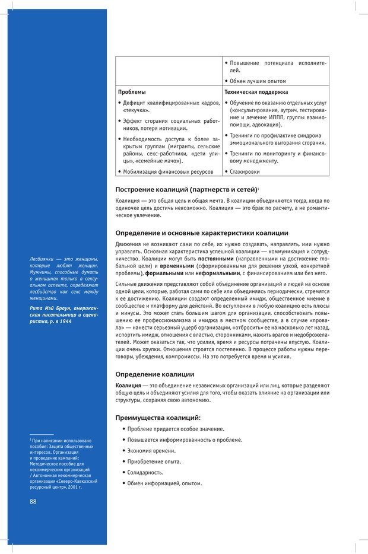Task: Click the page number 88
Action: (x=33, y=501)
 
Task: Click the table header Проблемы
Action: (x=132, y=92)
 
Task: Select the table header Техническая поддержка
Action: (x=256, y=92)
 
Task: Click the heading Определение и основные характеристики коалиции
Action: (x=202, y=233)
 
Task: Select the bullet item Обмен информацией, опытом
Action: (x=164, y=483)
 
